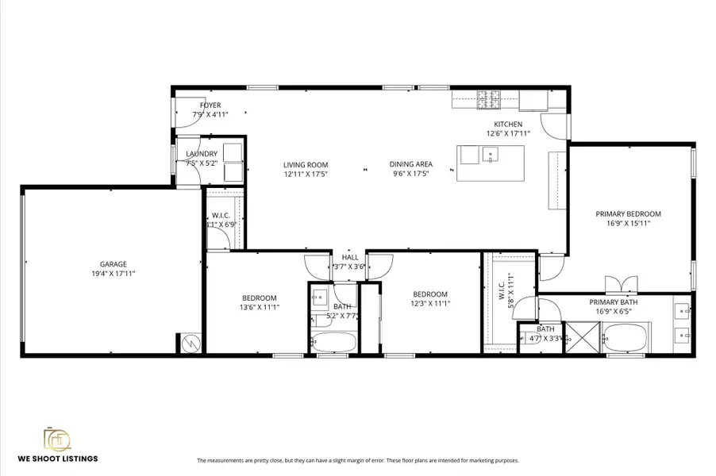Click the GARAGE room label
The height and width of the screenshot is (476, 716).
click(x=113, y=264)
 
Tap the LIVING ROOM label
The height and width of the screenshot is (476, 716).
click(x=306, y=165)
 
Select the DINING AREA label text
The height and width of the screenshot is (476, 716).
click(x=410, y=165)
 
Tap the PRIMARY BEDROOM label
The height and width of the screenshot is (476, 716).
click(x=629, y=213)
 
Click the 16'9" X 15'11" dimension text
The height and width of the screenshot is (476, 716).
click(x=629, y=224)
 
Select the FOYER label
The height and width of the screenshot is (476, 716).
click(x=210, y=105)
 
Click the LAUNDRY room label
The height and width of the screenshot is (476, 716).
click(x=202, y=154)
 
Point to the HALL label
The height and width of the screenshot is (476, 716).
click(x=350, y=257)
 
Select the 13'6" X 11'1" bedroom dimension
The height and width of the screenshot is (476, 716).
click(x=259, y=307)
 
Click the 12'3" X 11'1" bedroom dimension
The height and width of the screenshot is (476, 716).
click(x=430, y=303)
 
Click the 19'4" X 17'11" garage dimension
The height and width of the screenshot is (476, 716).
click(x=113, y=274)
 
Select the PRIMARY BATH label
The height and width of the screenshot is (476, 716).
click(x=614, y=302)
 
